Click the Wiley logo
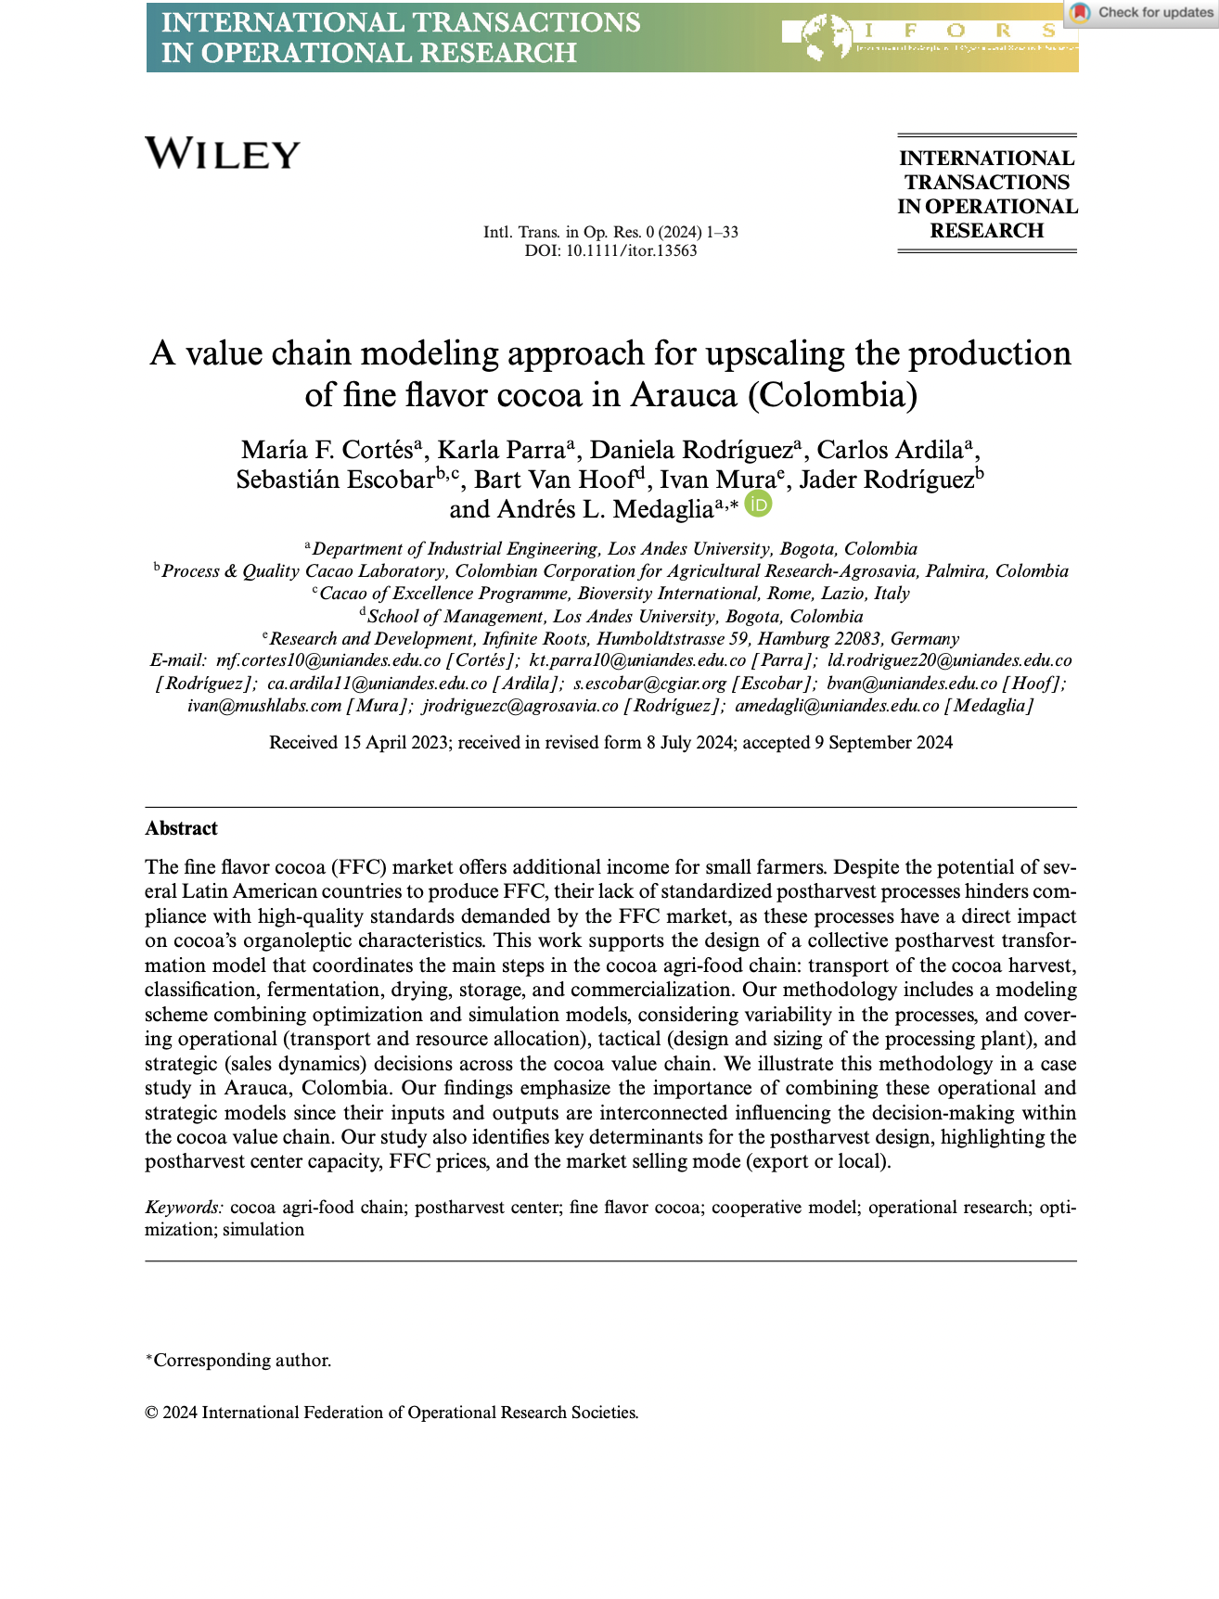tap(223, 154)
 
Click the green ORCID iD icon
tap(759, 504)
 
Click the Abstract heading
tap(181, 828)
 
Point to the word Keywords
tap(184, 1207)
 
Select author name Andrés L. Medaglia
tap(605, 509)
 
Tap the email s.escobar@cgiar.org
tap(649, 684)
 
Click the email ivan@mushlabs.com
tap(264, 706)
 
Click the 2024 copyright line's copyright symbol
tap(151, 1413)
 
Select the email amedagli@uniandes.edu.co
tap(837, 706)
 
